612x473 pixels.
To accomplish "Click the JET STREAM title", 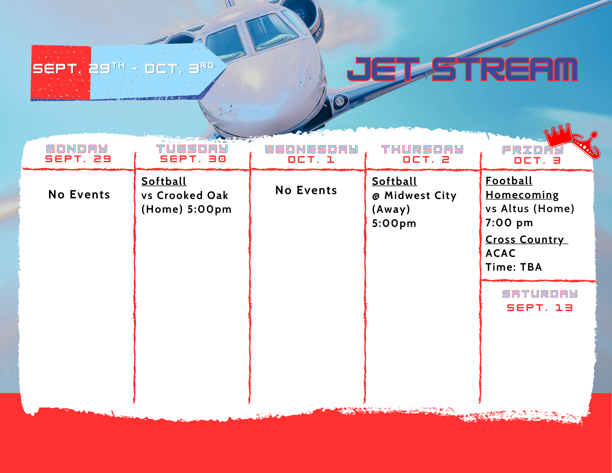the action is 462,69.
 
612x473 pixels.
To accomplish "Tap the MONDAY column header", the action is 77,149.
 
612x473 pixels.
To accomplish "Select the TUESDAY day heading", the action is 192,148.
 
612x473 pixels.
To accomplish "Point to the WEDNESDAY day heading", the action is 311,149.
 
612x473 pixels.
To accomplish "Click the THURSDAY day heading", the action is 422,149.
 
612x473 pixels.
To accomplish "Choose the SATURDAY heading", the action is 540,294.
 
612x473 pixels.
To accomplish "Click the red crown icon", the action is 572,141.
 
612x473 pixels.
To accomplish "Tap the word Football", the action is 509,181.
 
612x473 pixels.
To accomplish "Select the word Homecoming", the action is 522,195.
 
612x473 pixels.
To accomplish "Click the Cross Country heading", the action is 526,239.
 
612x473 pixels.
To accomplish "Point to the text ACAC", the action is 501,253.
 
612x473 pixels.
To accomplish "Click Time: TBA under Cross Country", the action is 514,267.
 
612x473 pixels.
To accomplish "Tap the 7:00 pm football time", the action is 509,223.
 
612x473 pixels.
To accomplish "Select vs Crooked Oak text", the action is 185,195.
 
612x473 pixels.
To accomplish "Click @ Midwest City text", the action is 414,195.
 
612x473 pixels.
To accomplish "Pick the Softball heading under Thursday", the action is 394,181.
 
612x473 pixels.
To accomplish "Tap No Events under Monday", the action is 79,194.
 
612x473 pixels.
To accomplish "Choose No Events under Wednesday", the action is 306,190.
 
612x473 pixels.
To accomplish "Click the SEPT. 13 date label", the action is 540,308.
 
